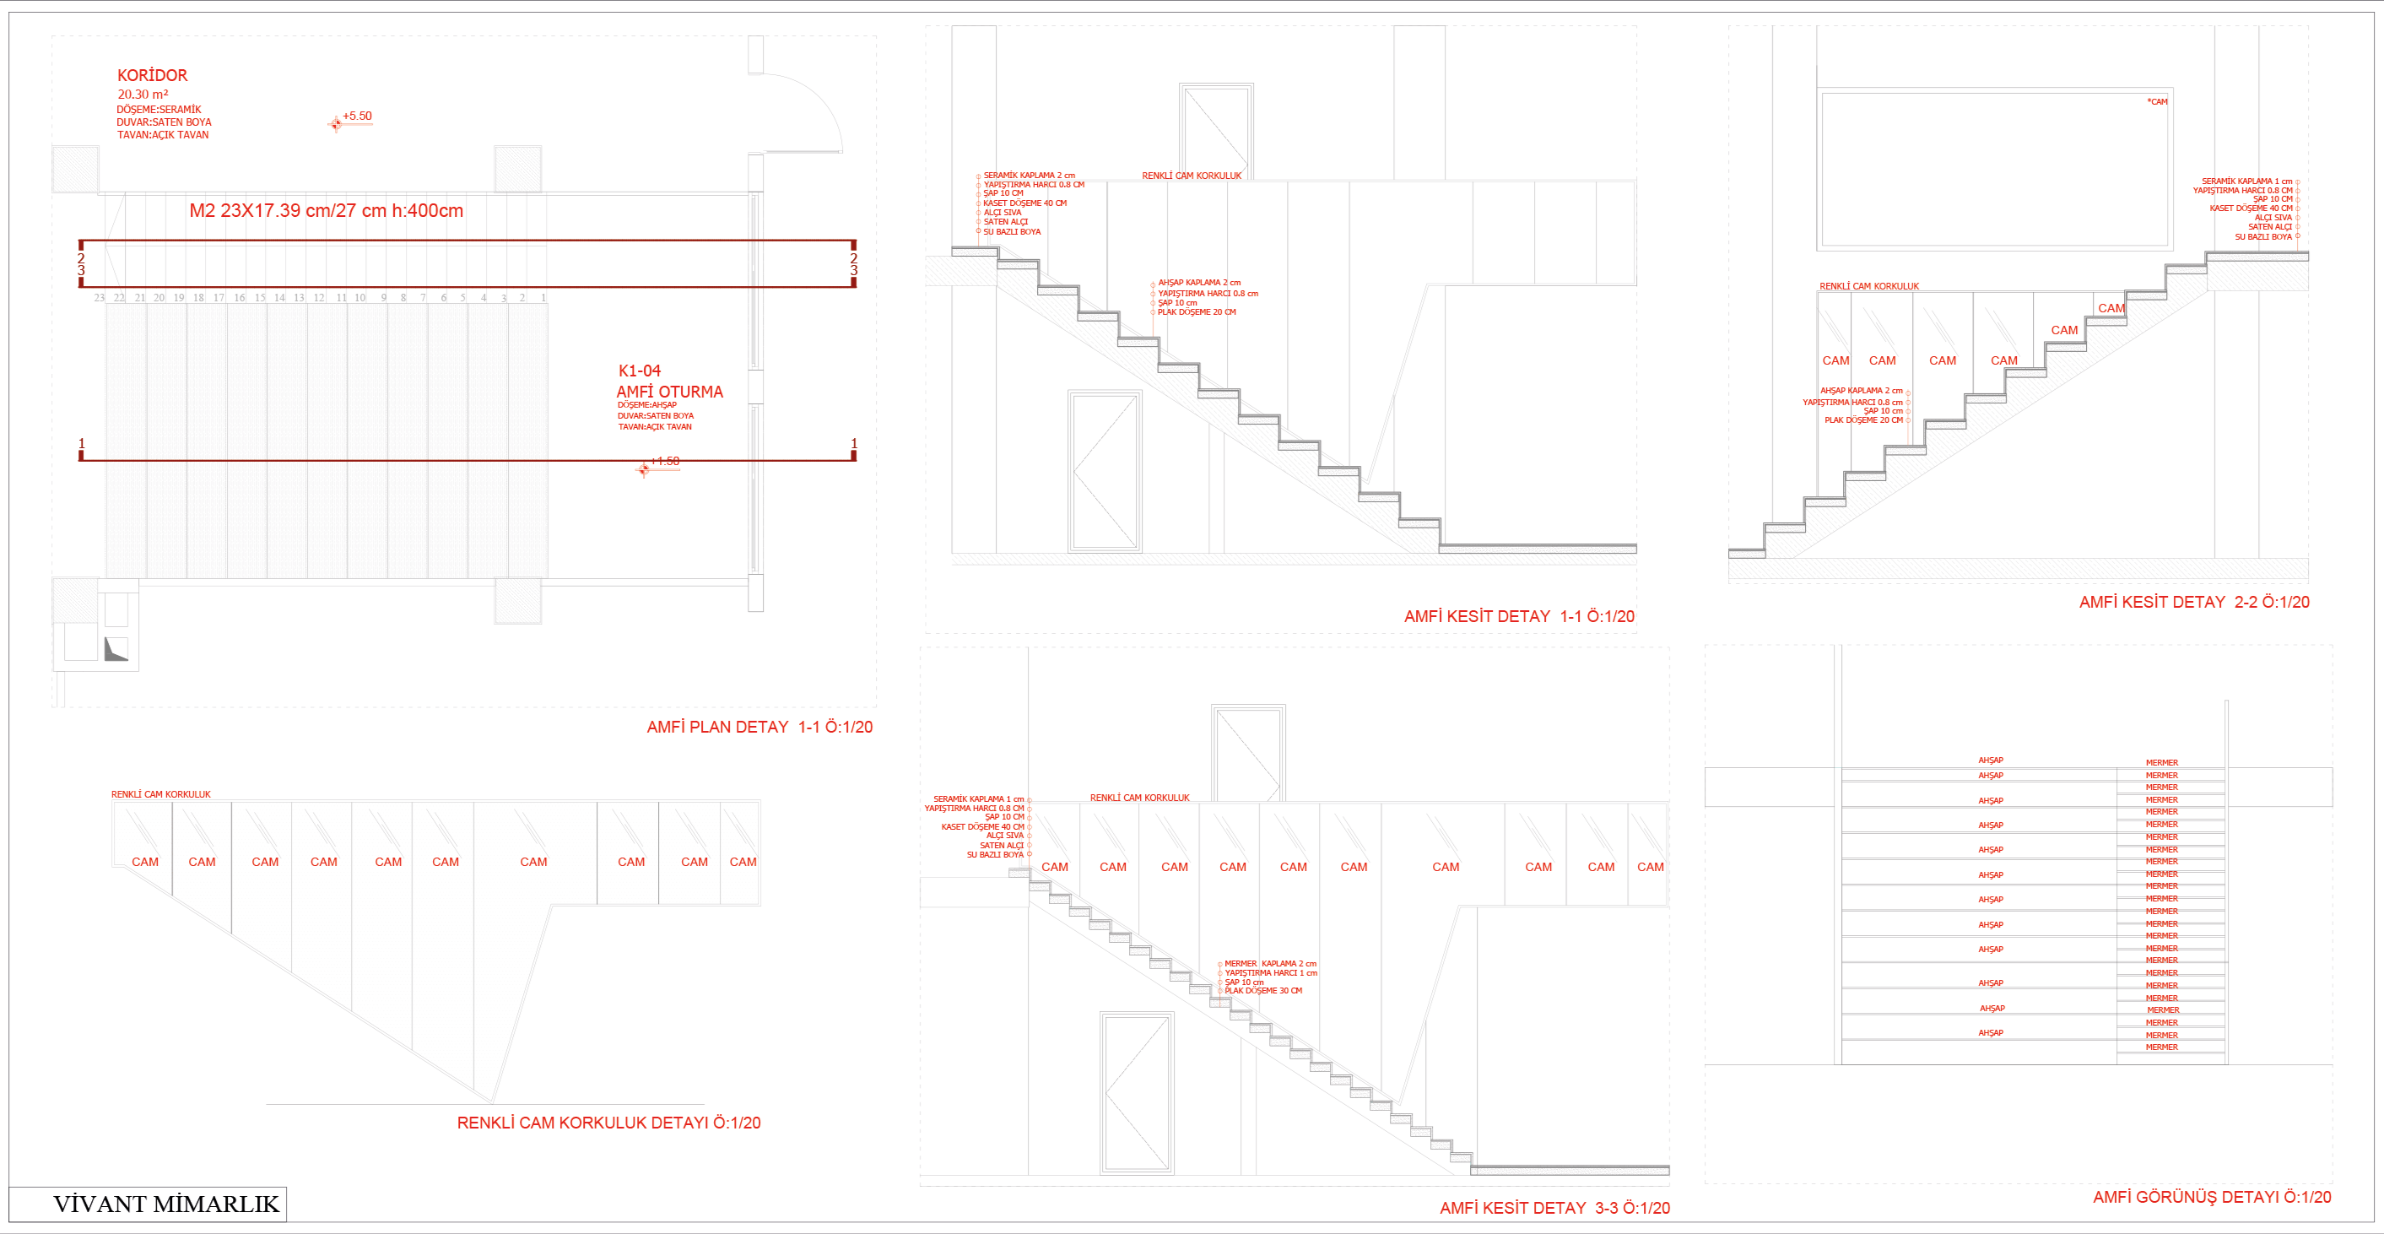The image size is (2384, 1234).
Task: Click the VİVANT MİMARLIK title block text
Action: point(165,1204)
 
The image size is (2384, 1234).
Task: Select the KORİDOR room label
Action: point(152,76)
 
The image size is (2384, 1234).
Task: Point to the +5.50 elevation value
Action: point(357,116)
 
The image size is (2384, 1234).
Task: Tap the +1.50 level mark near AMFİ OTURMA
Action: point(664,461)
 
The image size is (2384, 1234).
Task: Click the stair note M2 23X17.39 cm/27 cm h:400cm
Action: point(326,211)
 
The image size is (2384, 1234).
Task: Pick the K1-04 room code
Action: point(640,371)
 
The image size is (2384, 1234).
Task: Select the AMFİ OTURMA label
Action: point(669,392)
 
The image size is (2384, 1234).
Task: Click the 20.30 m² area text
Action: point(143,95)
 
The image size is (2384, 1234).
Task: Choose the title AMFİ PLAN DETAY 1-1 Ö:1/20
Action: point(759,728)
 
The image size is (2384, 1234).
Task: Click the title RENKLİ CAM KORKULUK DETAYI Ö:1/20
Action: point(608,1123)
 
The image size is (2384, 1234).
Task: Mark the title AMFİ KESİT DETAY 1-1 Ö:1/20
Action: point(1519,616)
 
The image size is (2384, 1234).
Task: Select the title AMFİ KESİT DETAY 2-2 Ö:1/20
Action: point(2193,603)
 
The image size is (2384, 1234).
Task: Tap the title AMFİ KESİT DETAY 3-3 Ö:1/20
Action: point(1554,1208)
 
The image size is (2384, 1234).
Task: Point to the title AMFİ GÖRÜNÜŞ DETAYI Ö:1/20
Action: point(2211,1197)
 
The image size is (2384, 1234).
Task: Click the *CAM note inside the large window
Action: point(2157,102)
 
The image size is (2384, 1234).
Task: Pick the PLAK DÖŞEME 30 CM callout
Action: point(1263,992)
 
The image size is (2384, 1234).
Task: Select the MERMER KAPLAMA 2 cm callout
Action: point(1270,964)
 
